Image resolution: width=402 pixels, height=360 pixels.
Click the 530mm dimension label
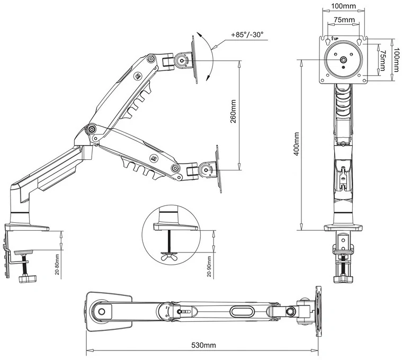[203, 345]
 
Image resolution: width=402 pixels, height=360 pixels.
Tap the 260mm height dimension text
[233, 112]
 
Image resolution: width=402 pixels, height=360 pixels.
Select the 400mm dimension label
[297, 144]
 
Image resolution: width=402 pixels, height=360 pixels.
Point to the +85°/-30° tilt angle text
[247, 35]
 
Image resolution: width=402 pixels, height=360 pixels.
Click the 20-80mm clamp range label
[57, 264]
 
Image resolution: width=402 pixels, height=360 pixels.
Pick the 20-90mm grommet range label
[209, 266]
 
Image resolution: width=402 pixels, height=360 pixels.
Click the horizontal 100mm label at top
[344, 6]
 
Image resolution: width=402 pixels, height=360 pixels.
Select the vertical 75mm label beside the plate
[382, 60]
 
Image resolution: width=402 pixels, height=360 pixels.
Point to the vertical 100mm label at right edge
[397, 60]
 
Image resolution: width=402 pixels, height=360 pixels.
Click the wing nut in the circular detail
[169, 256]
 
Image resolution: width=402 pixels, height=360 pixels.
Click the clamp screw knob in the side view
[28, 278]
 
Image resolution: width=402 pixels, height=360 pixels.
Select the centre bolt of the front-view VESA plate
[343, 60]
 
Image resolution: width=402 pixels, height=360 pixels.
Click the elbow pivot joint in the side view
[91, 129]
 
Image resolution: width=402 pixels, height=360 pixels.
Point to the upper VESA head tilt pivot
[182, 61]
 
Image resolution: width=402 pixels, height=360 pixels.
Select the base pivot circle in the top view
[102, 312]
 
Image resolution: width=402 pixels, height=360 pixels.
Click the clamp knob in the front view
[343, 278]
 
